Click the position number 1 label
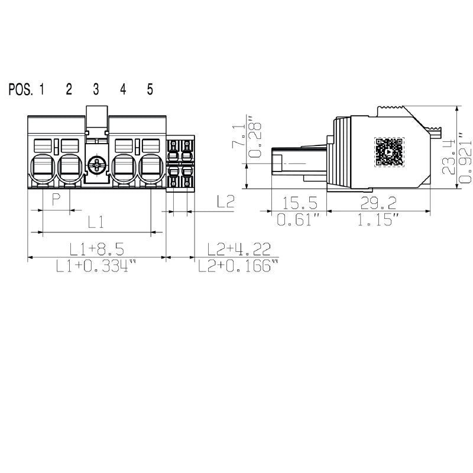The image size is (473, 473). (x=42, y=89)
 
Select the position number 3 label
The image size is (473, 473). (x=96, y=89)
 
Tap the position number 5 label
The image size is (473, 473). (x=150, y=89)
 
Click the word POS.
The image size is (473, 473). (x=20, y=89)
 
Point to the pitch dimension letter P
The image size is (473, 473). (x=56, y=199)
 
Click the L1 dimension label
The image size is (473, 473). (x=96, y=222)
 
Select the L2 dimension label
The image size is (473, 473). (x=225, y=202)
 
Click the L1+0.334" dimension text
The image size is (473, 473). (x=96, y=266)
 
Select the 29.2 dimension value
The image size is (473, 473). (x=378, y=203)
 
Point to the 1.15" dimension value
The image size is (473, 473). (x=378, y=221)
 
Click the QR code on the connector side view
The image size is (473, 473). (x=389, y=153)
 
